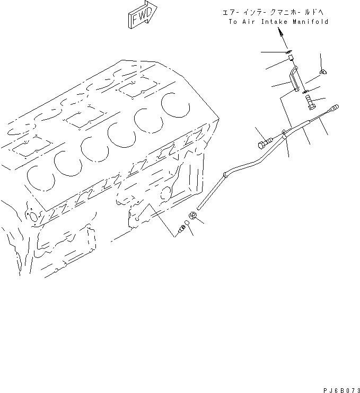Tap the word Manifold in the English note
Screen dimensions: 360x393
coord(310,22)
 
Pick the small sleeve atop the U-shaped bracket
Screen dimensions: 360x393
coord(288,52)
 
